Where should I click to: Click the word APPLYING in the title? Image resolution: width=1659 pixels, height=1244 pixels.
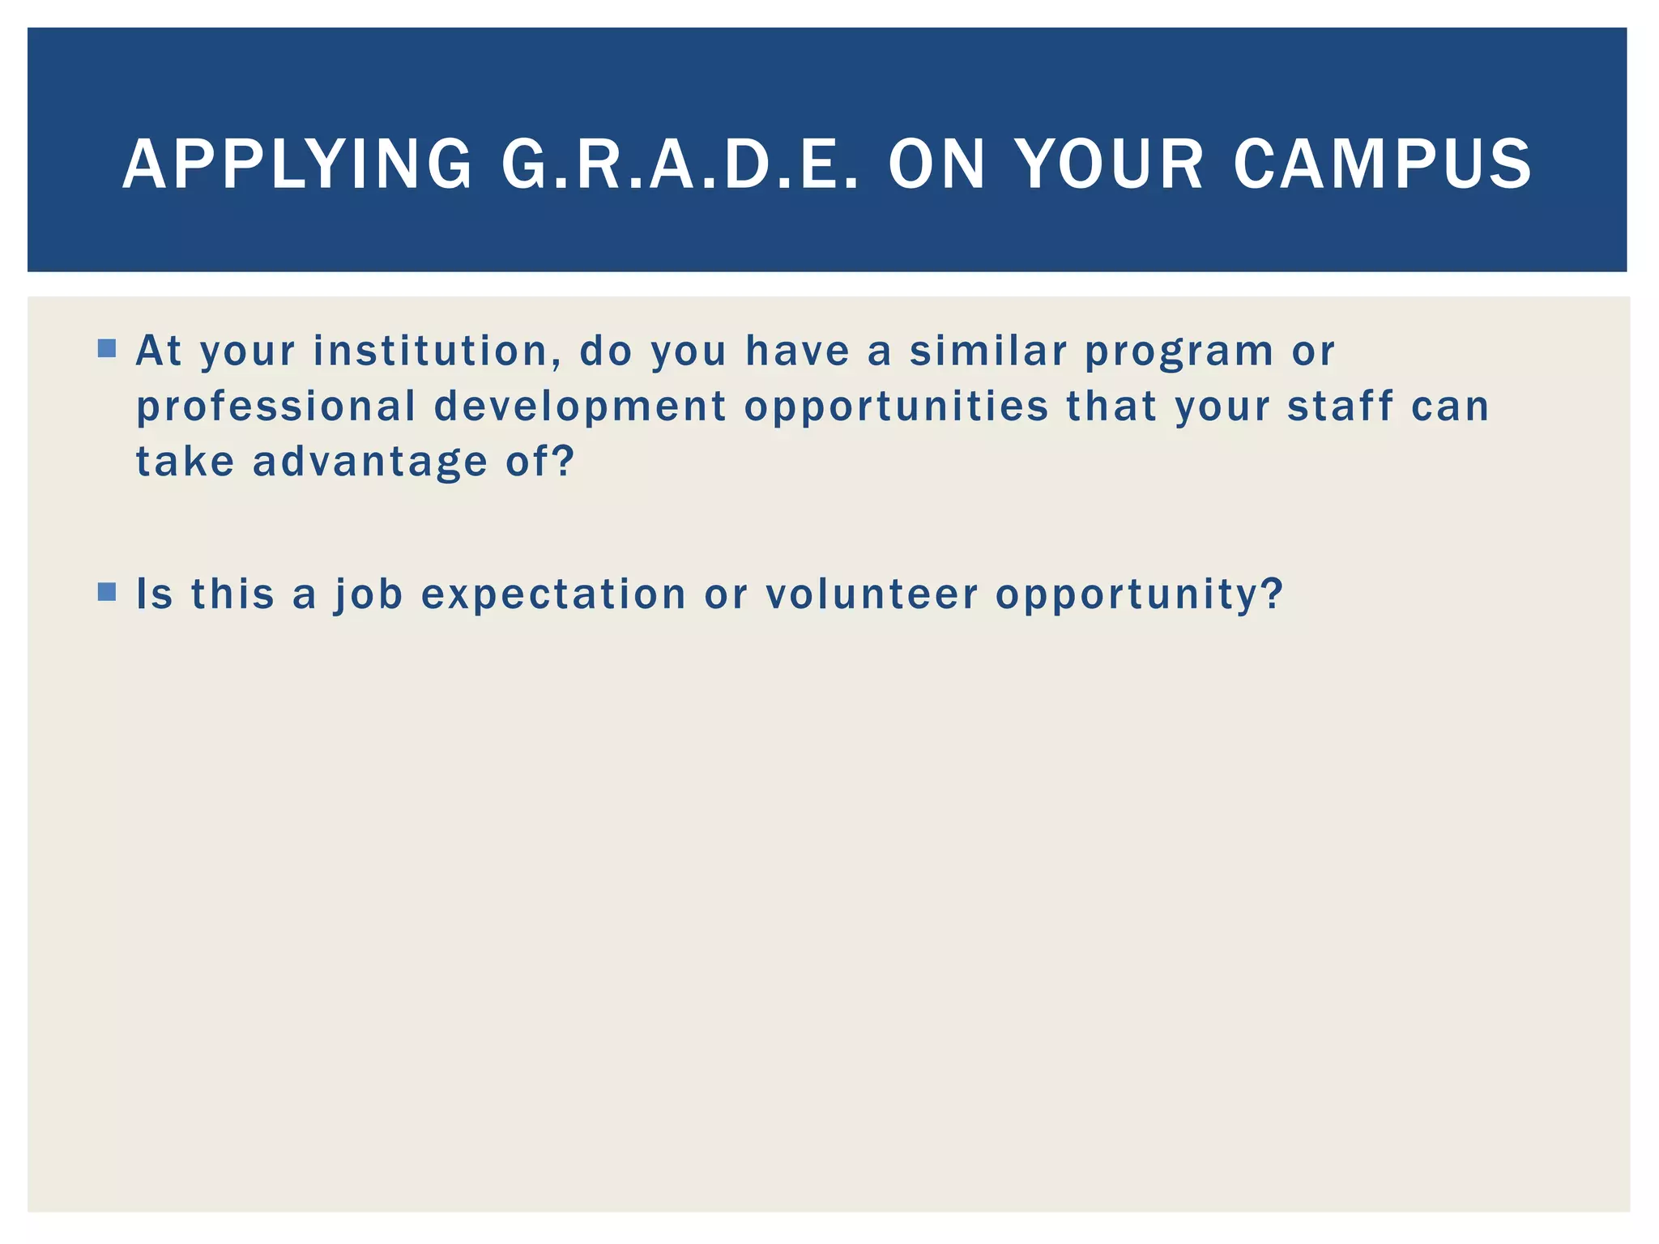[297, 164]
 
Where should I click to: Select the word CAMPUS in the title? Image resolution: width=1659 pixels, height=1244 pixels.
[1382, 164]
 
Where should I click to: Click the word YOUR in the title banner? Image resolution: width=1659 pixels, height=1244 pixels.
[1110, 164]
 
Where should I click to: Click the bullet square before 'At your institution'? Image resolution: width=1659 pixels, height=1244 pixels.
[106, 348]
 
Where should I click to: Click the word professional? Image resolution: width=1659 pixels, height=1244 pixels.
[276, 407]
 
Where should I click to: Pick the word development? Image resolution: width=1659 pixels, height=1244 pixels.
[580, 407]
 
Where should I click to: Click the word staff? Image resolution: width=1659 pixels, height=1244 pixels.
[1341, 406]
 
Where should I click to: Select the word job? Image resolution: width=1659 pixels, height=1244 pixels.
[369, 595]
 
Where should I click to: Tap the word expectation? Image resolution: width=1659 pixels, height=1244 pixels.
[554, 595]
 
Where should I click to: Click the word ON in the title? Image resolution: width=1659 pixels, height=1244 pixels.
[937, 164]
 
